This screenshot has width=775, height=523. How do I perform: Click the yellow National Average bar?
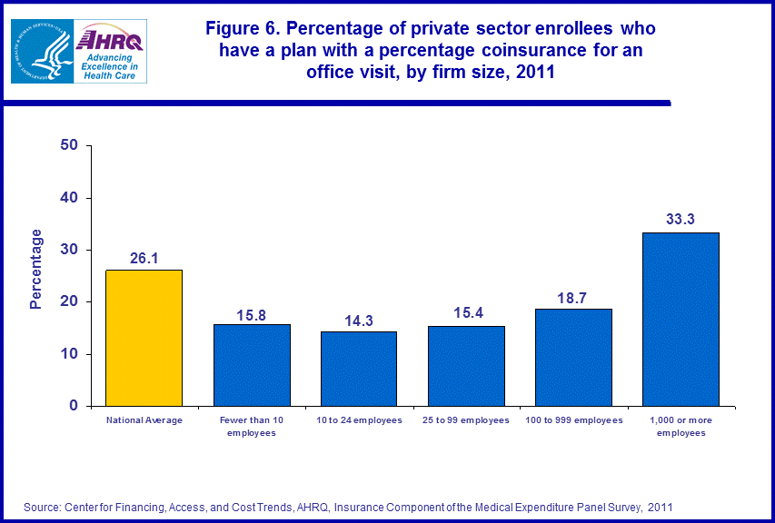(144, 338)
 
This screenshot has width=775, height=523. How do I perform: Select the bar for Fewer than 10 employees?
(252, 365)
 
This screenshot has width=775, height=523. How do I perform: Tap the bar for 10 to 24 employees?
(359, 369)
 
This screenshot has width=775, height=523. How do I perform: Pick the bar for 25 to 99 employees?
(466, 366)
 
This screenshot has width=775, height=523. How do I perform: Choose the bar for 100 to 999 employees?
(573, 357)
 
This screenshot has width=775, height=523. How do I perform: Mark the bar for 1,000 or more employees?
(681, 320)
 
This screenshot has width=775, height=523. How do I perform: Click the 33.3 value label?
(681, 219)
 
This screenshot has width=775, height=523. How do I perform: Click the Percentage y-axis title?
(36, 270)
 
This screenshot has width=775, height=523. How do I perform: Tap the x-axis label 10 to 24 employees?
(359, 420)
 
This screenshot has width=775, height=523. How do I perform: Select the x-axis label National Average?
(144, 420)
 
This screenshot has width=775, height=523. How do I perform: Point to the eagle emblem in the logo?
(41, 51)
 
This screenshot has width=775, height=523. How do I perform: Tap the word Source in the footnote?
(43, 506)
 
